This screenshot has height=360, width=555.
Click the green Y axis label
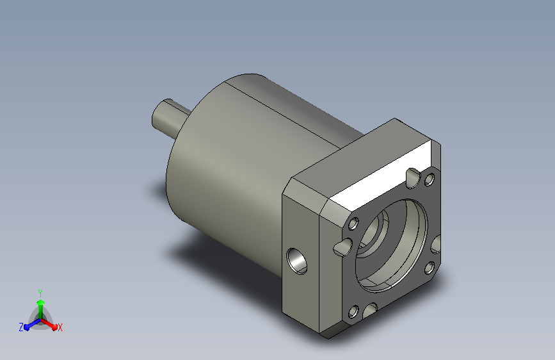tap(40, 293)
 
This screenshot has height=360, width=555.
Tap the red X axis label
tap(60, 327)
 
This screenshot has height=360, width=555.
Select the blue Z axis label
tap(21, 327)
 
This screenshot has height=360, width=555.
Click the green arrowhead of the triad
tap(41, 302)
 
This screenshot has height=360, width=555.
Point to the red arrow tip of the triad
tap(54, 327)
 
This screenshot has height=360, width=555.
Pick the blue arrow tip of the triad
tap(26, 327)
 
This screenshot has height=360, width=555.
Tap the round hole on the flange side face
tap(296, 261)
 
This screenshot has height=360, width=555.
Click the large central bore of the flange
tap(391, 245)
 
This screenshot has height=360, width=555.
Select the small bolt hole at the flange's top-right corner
tap(430, 179)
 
